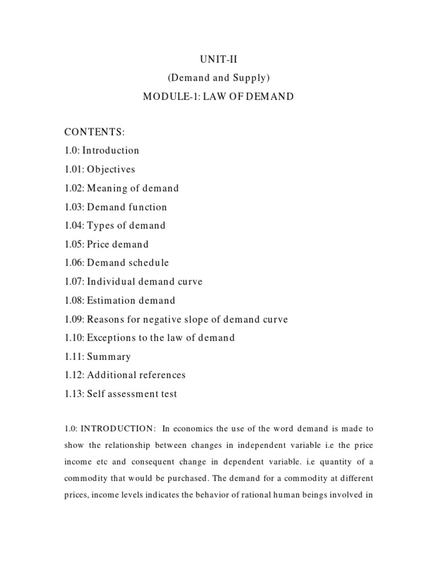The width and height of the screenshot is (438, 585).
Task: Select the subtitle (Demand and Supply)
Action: point(218,78)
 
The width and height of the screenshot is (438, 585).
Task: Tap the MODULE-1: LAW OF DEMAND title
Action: point(218,97)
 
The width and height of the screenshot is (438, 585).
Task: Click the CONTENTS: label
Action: point(94,132)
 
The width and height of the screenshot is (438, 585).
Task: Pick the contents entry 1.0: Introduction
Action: point(102,151)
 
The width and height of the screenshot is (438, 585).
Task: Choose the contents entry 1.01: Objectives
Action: point(100,170)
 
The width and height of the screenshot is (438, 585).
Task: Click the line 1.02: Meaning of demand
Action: point(121,188)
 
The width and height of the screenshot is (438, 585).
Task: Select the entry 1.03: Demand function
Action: point(116,207)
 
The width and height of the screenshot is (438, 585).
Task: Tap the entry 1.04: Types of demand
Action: point(115,226)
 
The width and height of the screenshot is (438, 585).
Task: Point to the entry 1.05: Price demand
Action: point(106,245)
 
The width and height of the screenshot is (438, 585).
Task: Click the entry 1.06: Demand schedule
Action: point(116,263)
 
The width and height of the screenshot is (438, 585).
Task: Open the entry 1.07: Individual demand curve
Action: point(133,282)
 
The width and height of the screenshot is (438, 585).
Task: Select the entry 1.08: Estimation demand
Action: point(120,300)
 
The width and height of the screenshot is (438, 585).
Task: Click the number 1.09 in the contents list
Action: point(73,319)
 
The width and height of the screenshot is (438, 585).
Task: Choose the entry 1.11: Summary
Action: point(98,356)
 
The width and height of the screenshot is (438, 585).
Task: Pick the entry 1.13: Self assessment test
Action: point(120,394)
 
